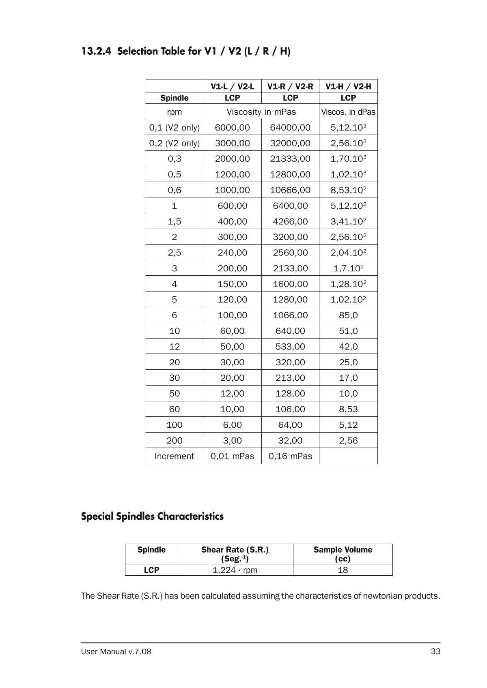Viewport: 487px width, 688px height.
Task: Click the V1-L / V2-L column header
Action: point(232,86)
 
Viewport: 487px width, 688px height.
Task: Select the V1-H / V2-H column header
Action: point(348,86)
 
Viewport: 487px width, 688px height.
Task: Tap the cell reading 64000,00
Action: point(290,127)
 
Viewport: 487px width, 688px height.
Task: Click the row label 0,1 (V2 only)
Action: point(175,127)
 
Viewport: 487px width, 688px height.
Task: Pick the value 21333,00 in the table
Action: point(290,159)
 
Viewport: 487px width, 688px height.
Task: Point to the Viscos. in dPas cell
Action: point(348,112)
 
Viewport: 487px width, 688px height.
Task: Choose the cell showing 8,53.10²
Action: point(348,190)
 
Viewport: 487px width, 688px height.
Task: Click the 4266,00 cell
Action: point(290,221)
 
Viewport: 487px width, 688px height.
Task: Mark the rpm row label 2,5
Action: point(175,253)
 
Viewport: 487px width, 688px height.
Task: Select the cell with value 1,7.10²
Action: point(348,268)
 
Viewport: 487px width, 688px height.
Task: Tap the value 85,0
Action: point(348,315)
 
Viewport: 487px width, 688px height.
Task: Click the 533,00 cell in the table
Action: point(290,347)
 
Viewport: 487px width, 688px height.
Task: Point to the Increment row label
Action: point(175,456)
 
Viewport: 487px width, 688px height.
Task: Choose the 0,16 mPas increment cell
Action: point(290,456)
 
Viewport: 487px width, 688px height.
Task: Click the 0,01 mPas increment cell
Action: point(232,456)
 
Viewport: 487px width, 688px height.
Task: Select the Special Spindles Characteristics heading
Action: point(152,516)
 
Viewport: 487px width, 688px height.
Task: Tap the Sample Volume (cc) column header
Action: point(343,554)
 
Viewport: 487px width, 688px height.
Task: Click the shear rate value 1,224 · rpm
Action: point(235,570)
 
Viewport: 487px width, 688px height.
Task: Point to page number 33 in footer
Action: point(435,652)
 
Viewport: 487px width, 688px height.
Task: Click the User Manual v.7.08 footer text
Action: point(116,652)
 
